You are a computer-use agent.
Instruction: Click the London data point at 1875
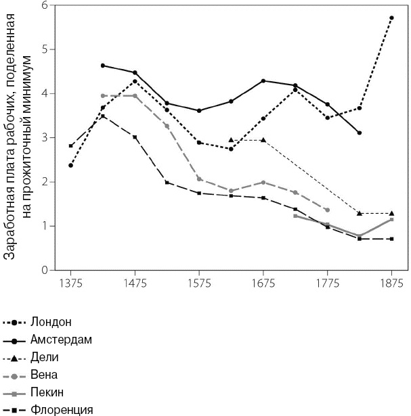391,18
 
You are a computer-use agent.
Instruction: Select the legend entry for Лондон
51,321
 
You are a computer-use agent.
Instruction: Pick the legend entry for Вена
44,374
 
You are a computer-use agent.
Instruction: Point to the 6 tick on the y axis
45,5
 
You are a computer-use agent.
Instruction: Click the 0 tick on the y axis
45,270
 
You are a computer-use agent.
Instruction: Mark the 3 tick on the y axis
45,138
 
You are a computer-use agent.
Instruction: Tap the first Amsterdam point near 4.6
103,66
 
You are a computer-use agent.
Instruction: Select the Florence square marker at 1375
71,145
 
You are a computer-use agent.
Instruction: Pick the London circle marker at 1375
71,165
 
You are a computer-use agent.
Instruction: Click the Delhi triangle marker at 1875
391,213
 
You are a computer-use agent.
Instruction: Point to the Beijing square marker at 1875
391,220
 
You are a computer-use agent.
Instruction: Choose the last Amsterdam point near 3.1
360,133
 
